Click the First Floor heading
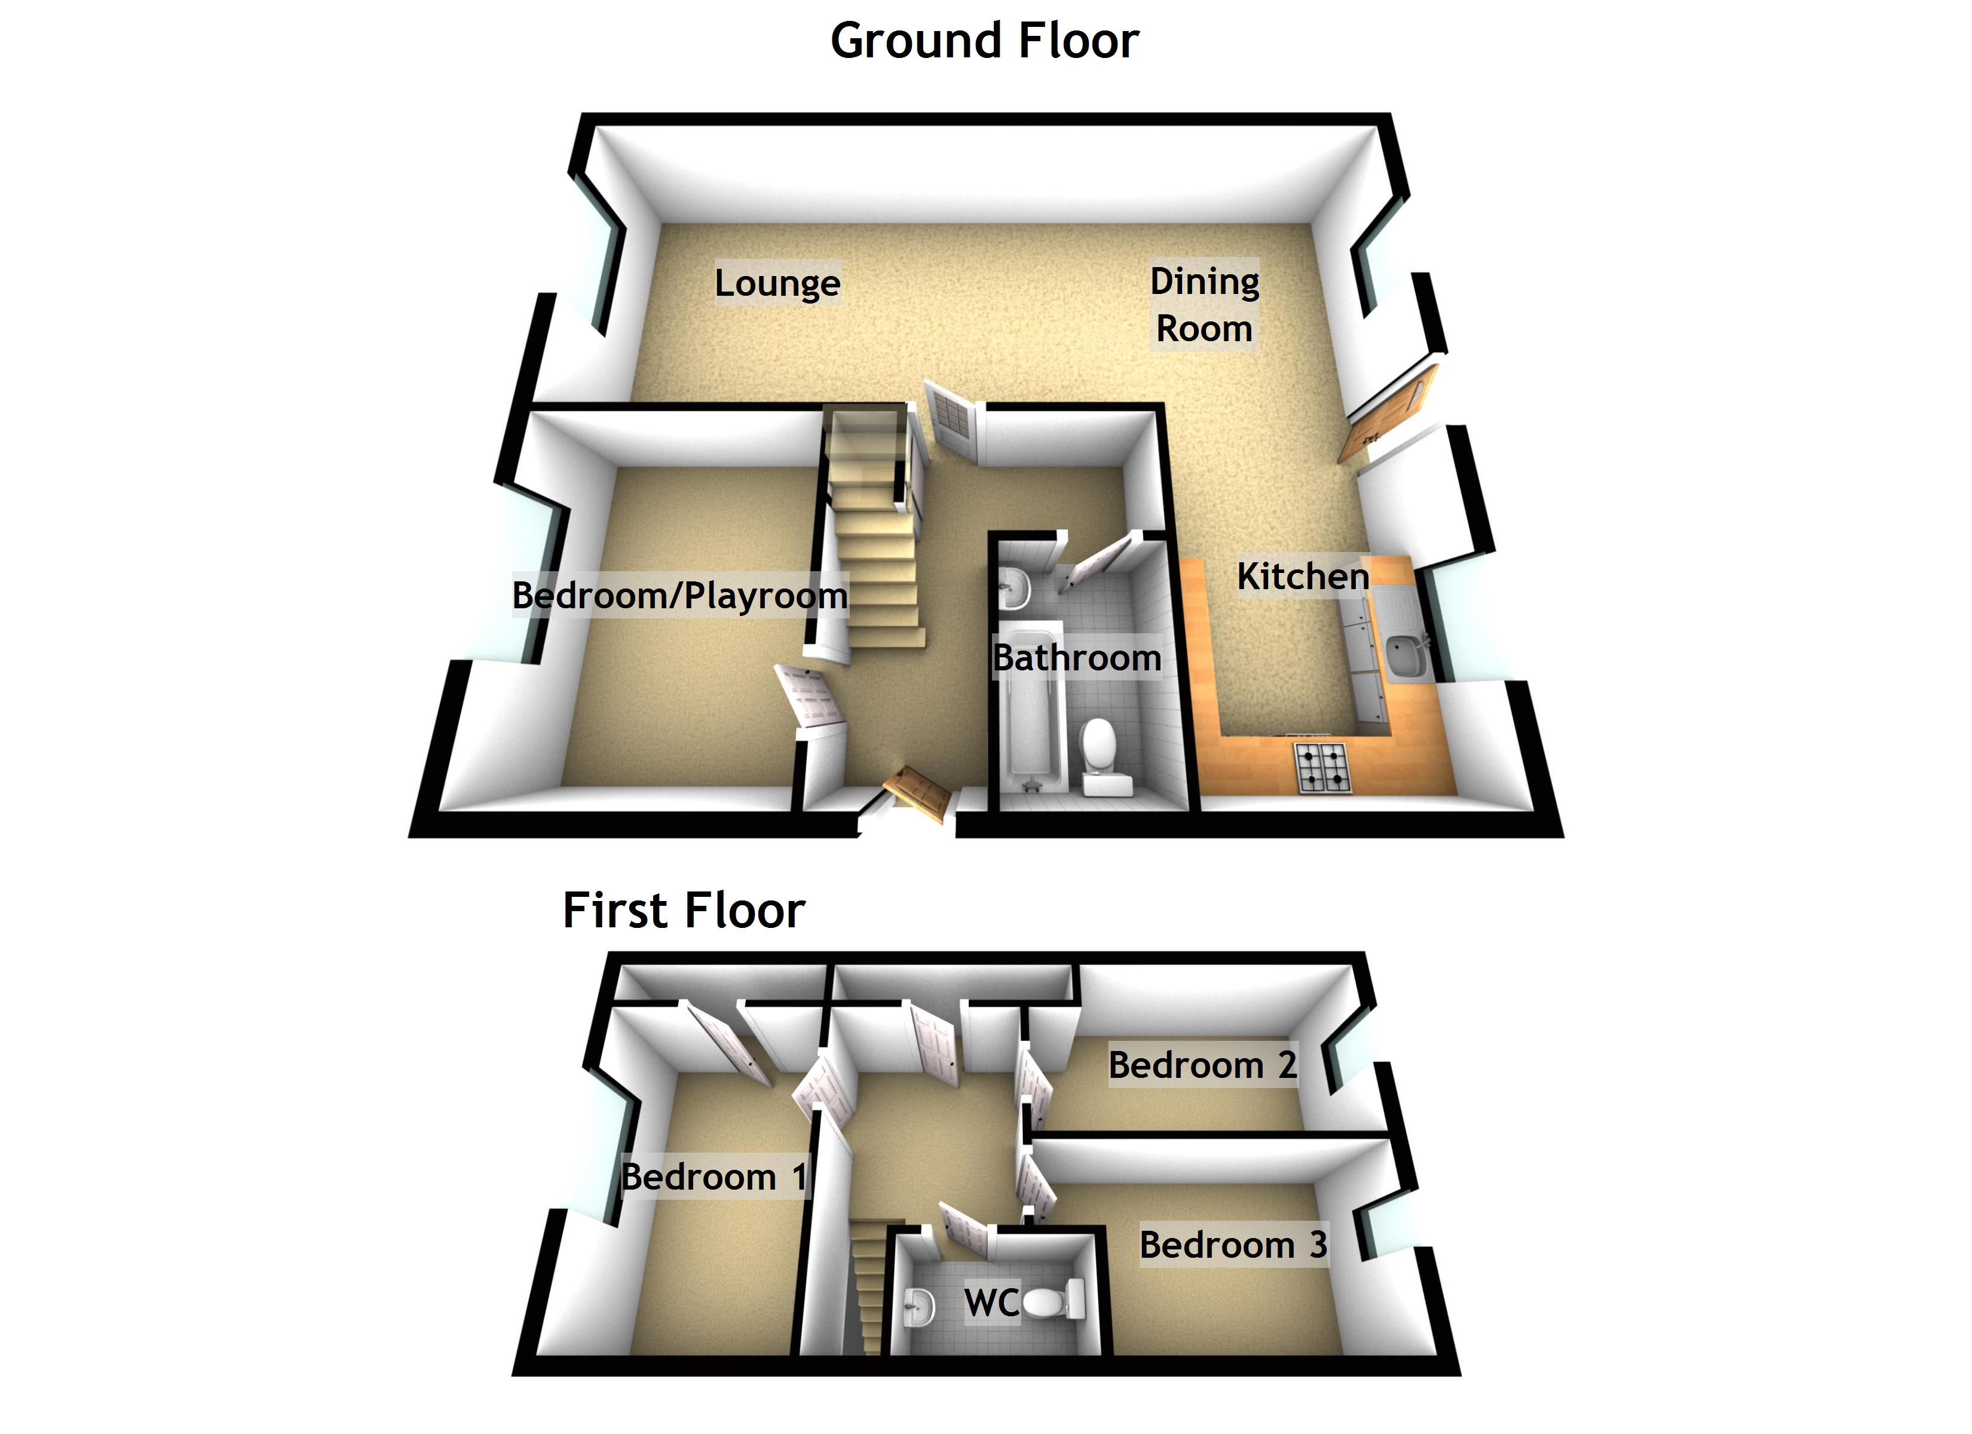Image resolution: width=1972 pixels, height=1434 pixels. point(684,911)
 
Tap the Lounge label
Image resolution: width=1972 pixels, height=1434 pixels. point(777,283)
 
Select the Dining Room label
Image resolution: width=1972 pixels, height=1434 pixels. point(1204,304)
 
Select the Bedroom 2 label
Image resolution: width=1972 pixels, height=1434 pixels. point(1202,1064)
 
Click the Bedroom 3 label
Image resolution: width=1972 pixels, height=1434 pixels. point(1233,1245)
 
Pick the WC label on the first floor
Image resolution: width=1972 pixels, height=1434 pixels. point(991,1303)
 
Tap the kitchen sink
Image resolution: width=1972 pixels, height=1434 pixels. point(1403,657)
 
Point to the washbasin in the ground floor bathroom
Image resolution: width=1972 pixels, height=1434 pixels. point(1014,589)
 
